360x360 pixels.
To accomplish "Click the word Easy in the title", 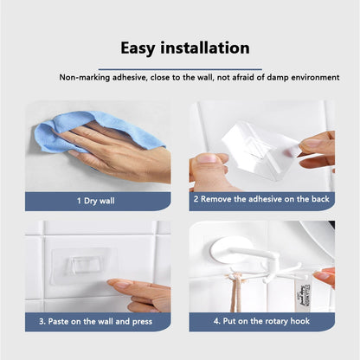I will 141,48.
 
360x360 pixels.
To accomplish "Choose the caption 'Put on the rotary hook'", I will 260,320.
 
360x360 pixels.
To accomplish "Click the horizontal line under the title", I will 180,67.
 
